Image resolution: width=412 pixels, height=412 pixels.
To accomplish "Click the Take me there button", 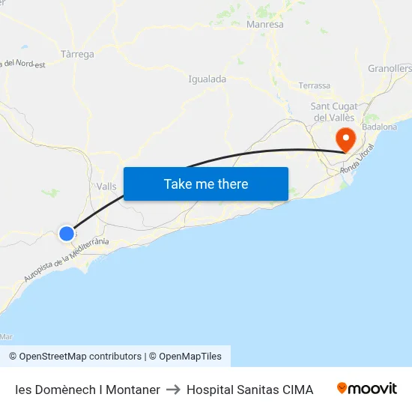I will (206, 184).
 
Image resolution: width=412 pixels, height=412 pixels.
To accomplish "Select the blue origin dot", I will (67, 234).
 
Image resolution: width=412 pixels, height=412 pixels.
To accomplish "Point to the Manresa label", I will (265, 25).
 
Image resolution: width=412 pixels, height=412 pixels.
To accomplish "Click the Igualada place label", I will (207, 79).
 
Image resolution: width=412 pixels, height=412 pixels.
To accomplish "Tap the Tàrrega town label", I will (77, 55).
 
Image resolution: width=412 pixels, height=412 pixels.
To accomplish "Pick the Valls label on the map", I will (106, 187).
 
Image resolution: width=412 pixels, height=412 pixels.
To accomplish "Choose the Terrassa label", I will (314, 85).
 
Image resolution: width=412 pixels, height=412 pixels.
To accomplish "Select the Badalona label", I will (380, 127).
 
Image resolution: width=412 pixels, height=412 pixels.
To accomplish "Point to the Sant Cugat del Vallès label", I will (334, 112).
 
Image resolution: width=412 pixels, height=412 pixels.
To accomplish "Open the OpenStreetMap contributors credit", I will (75, 357).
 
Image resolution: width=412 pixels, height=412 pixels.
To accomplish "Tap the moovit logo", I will (367, 389).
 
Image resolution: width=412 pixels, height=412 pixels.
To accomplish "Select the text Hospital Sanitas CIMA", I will (249, 390).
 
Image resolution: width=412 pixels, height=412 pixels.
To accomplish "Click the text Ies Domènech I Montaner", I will (88, 390).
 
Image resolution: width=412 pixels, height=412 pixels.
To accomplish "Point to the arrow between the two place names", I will (173, 390).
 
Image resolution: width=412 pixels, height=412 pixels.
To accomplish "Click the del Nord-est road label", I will (25, 64).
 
